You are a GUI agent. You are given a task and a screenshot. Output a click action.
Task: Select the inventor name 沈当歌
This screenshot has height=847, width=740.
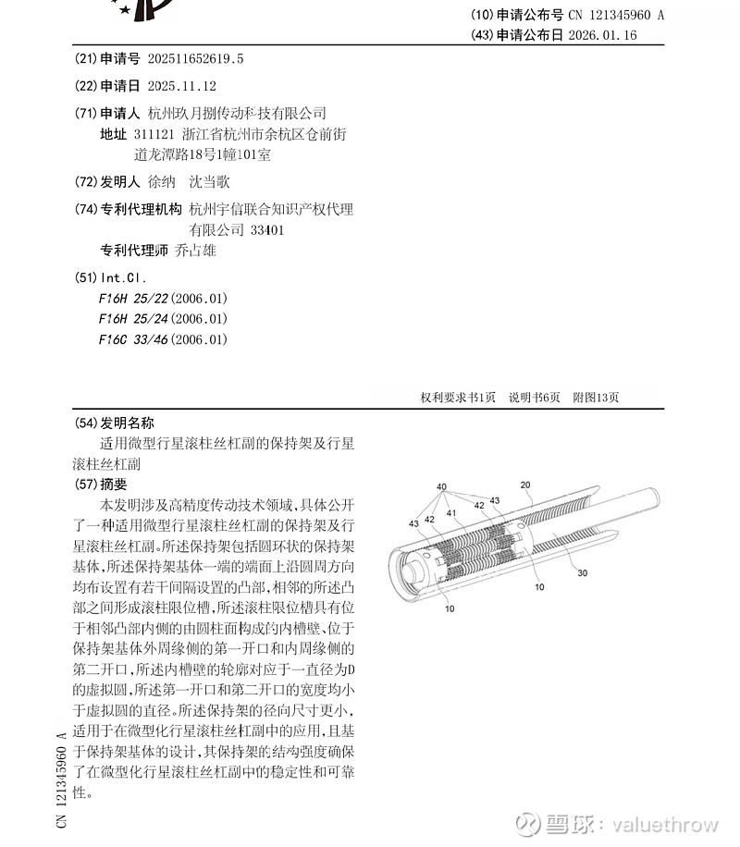209,182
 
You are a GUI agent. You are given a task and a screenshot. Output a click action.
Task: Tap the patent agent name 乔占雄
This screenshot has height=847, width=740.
195,251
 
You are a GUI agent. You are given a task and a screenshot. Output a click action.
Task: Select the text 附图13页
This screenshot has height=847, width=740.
596,398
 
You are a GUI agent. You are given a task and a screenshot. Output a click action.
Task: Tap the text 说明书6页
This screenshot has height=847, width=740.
535,398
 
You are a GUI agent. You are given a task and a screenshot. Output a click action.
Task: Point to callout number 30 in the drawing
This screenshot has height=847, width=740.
582,572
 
